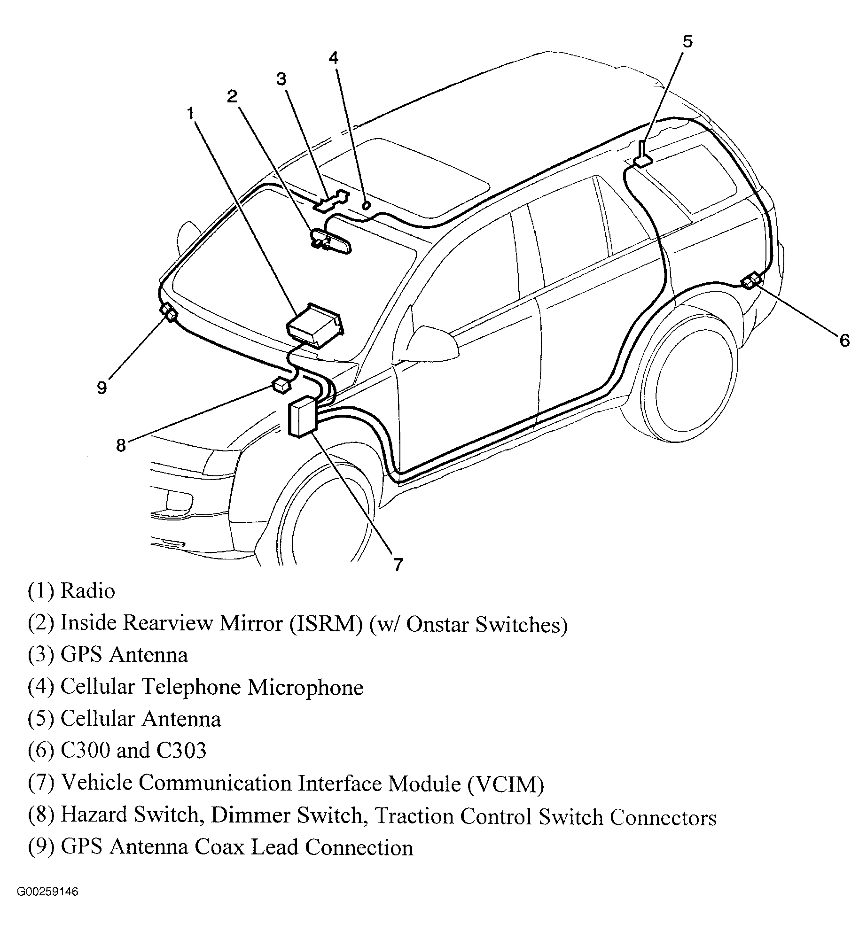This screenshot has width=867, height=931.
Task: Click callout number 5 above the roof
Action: pos(687,42)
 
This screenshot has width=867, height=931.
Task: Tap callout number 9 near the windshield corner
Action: pos(102,388)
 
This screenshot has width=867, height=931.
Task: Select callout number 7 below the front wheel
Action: pos(398,564)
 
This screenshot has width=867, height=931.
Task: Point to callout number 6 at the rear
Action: pos(844,340)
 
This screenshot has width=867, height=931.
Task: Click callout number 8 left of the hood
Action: pos(121,445)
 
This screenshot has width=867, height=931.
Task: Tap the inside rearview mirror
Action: pos(332,241)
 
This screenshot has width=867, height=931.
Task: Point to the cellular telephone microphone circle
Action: pos(366,205)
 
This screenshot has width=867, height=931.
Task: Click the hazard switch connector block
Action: pos(281,386)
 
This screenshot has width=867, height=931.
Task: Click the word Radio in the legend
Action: pos(88,591)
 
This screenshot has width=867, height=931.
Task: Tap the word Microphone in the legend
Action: pos(305,687)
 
